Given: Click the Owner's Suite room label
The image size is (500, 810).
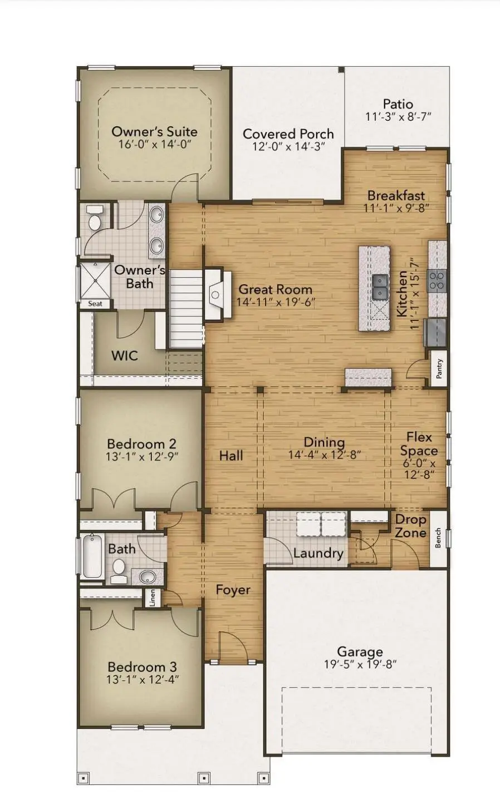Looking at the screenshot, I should [154, 132].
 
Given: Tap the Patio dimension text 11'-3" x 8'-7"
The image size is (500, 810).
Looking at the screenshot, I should [398, 117].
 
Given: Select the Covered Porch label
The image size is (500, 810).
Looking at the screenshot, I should [288, 134].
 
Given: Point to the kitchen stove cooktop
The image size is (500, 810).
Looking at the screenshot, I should [437, 280].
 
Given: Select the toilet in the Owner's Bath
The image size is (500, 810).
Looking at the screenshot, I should [95, 220].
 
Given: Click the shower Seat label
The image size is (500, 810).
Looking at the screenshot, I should [95, 304].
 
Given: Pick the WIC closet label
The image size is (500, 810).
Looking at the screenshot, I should [124, 355].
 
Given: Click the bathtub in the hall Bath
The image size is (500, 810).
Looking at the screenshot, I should [91, 556].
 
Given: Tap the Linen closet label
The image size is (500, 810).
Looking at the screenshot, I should [153, 598].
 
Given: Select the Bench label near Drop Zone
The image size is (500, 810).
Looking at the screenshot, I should [438, 538].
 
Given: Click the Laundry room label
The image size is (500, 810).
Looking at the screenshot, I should [318, 553].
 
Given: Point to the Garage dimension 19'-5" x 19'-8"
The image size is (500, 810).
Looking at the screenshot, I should [360, 664].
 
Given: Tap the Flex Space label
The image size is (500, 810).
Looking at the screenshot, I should [419, 444].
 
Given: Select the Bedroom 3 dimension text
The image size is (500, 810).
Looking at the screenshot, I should [143, 679].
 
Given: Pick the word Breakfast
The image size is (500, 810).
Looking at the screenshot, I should [396, 196].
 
